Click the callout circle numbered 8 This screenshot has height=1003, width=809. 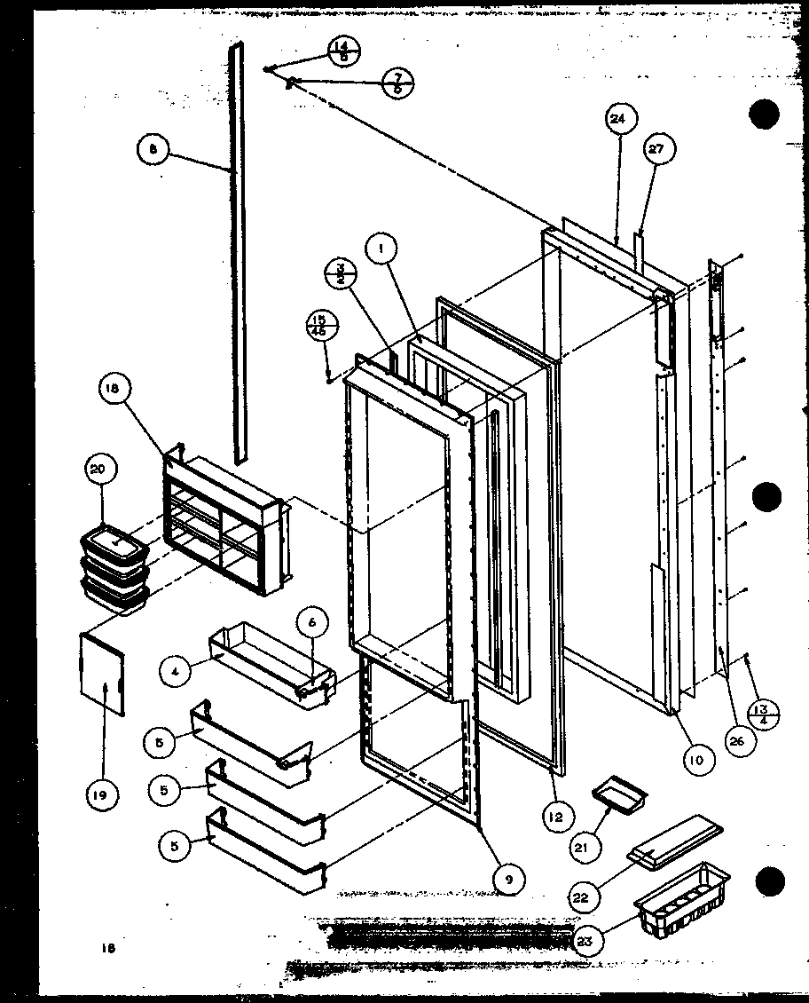click(x=153, y=151)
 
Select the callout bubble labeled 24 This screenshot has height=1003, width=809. click(x=618, y=118)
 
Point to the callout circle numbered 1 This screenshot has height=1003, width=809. click(x=381, y=251)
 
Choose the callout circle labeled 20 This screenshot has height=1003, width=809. click(x=99, y=470)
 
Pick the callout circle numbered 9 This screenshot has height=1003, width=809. click(x=508, y=880)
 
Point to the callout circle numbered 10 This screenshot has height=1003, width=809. click(x=698, y=760)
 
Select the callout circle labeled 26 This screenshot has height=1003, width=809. click(x=735, y=741)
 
